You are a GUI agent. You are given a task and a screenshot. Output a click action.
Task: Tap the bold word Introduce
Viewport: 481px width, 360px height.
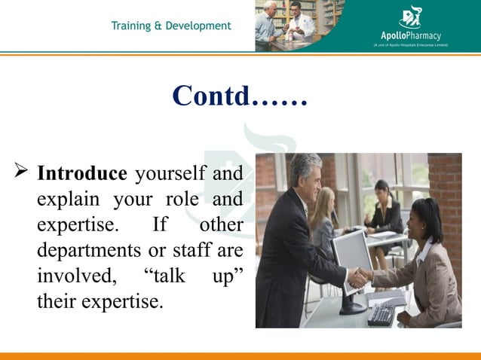pyautogui.click(x=82, y=174)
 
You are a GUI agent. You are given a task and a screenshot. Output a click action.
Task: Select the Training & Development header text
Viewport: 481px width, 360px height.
pyautogui.click(x=171, y=26)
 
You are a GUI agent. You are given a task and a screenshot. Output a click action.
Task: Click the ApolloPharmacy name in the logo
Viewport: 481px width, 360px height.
pyautogui.click(x=410, y=35)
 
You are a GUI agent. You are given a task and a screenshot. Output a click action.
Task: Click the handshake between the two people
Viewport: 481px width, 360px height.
pyautogui.click(x=360, y=277)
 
